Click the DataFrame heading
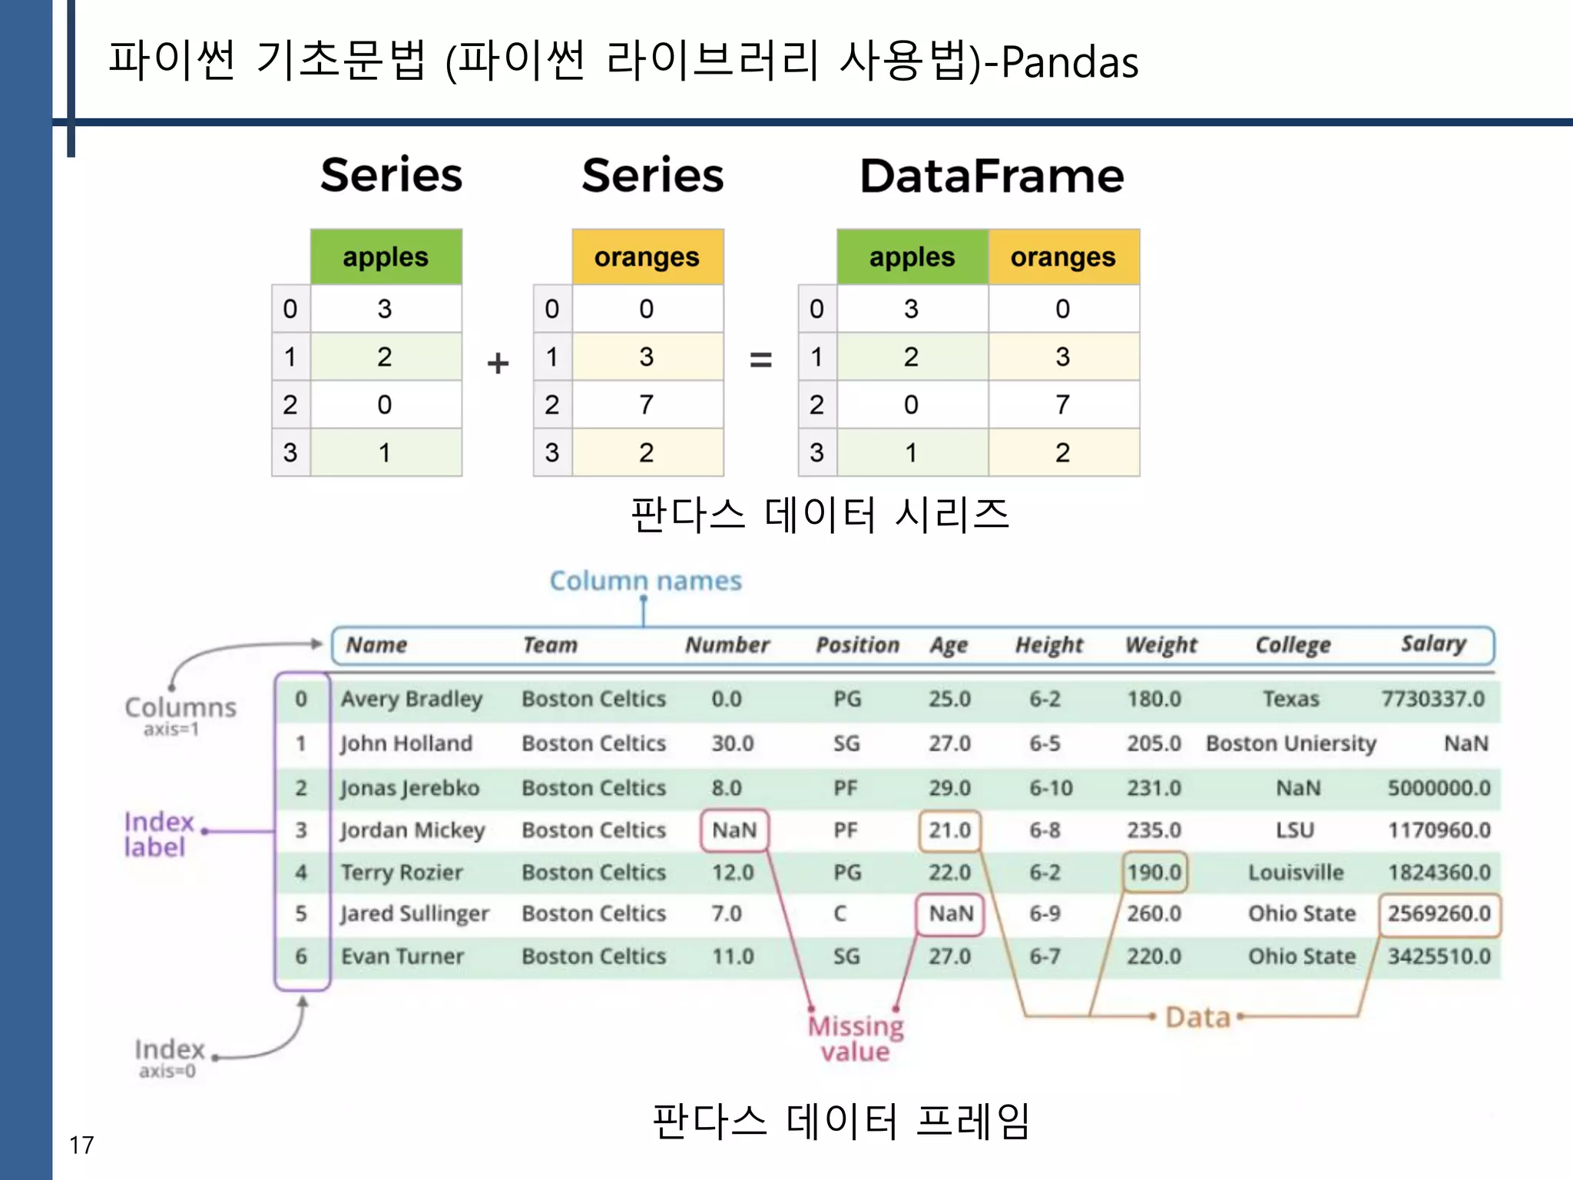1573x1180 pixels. (x=992, y=176)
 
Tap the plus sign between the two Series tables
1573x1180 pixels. (x=498, y=363)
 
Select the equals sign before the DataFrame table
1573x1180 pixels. (x=760, y=359)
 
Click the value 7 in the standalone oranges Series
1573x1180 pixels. (x=646, y=405)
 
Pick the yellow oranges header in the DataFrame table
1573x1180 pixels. (x=1063, y=257)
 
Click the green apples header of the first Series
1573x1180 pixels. (x=386, y=257)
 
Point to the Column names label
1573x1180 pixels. (x=645, y=581)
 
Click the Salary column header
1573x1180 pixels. (x=1433, y=644)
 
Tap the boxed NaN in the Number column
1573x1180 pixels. (x=734, y=830)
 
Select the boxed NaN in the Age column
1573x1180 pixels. (x=951, y=913)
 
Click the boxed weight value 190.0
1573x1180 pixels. (x=1154, y=872)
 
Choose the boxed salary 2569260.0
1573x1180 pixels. (x=1439, y=913)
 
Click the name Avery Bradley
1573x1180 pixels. (x=412, y=699)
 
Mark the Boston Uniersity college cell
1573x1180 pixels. (x=1290, y=744)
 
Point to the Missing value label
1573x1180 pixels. (x=856, y=1038)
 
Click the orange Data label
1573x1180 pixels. (x=1197, y=1017)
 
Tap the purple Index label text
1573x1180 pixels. (x=158, y=834)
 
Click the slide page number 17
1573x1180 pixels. (x=81, y=1145)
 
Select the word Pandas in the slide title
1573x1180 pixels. (x=1069, y=62)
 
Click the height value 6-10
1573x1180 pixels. (x=1051, y=788)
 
